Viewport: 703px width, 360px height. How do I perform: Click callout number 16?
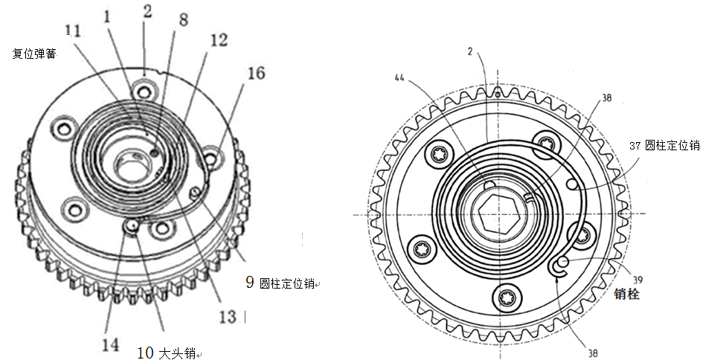point(256,73)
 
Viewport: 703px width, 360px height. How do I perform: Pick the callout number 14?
point(110,345)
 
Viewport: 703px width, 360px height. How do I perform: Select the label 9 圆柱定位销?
point(280,283)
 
